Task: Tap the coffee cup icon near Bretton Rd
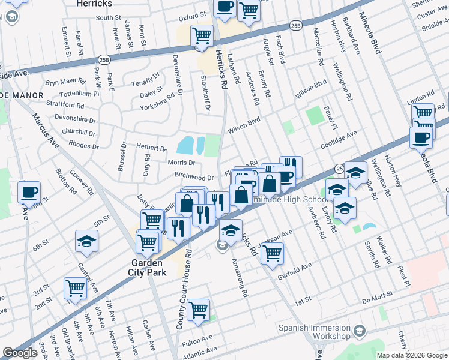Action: (x=29, y=193)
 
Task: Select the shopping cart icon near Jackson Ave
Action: (x=272, y=253)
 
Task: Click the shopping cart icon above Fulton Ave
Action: (x=198, y=310)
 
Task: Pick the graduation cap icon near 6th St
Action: (x=87, y=241)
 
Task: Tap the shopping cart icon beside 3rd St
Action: (x=75, y=288)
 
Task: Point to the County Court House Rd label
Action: (x=181, y=289)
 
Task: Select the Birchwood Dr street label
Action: (x=194, y=178)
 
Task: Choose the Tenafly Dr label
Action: (x=146, y=82)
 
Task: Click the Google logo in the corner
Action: (x=20, y=353)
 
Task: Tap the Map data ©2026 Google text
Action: (x=412, y=355)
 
